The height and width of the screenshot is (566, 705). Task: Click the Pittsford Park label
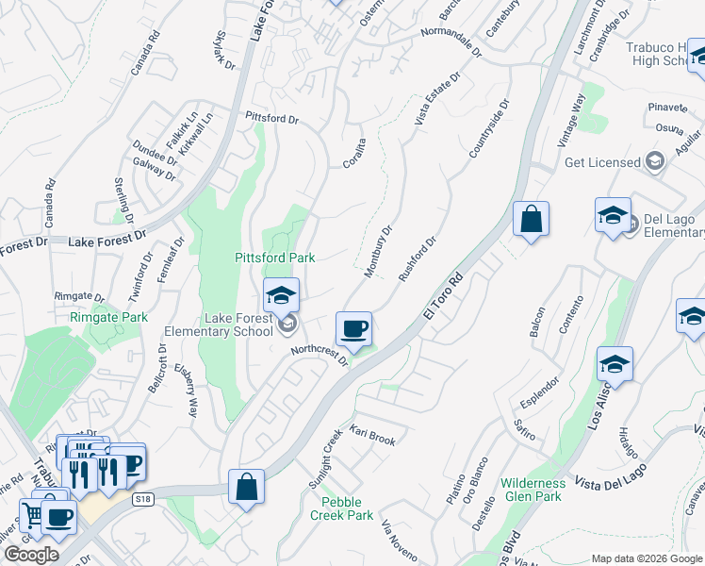[274, 258]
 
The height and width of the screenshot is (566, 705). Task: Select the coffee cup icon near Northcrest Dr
[353, 329]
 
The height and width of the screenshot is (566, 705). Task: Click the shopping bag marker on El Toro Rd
[531, 219]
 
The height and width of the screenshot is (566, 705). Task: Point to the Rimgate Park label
[108, 318]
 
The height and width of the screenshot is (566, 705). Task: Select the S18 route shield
[143, 500]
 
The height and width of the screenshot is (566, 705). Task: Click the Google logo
[31, 556]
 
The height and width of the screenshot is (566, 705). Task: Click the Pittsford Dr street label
[271, 120]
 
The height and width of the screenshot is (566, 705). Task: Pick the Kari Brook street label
[372, 436]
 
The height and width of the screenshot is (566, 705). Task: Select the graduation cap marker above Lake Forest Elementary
[281, 295]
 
